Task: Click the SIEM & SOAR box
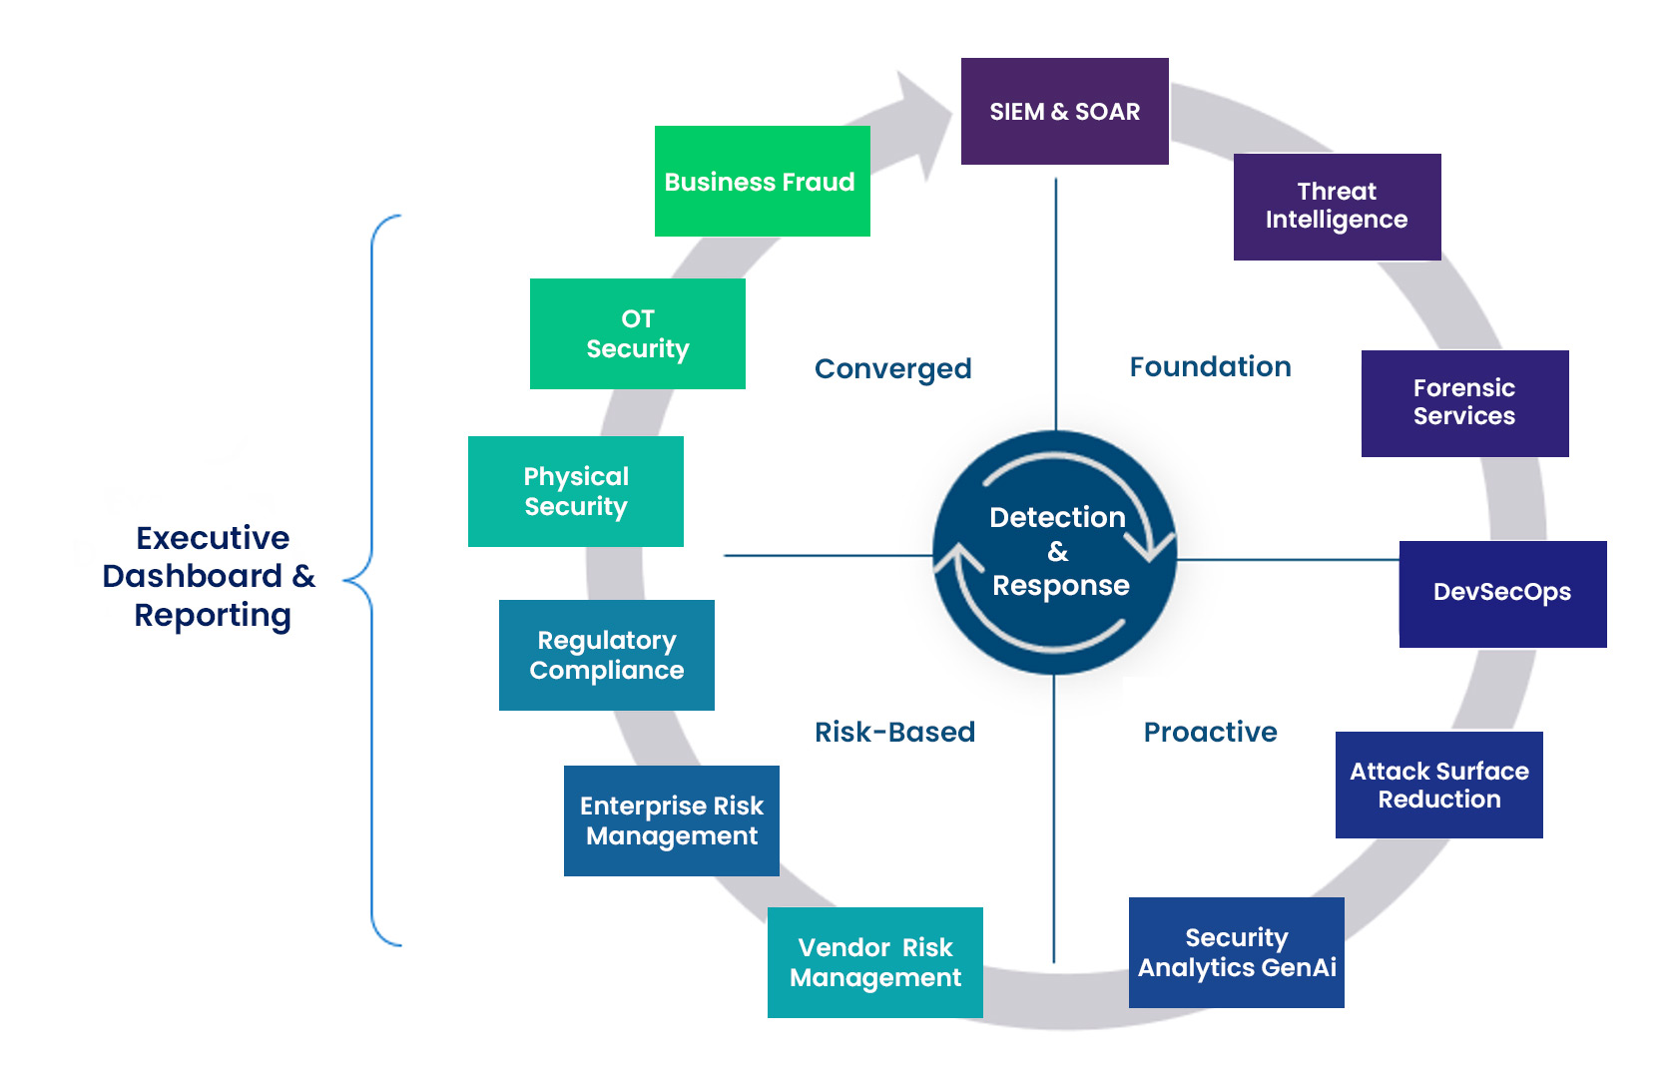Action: click(x=1064, y=112)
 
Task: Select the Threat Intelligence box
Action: click(x=1337, y=207)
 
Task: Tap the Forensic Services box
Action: click(x=1464, y=403)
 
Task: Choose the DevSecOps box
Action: click(x=1502, y=594)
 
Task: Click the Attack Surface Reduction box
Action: click(x=1438, y=786)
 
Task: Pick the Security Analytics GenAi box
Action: click(x=1236, y=953)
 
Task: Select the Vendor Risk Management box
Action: click(x=874, y=963)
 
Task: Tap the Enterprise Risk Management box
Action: click(x=671, y=821)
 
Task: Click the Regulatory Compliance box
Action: click(x=606, y=656)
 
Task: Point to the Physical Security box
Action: click(x=575, y=492)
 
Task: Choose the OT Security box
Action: click(x=637, y=334)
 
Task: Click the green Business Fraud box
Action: click(x=761, y=182)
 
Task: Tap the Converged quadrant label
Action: click(x=892, y=369)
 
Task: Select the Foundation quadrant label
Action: click(x=1210, y=367)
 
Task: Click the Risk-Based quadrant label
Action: click(x=894, y=733)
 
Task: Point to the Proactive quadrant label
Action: click(x=1210, y=733)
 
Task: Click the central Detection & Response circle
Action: click(x=1056, y=552)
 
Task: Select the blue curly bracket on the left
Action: click(x=371, y=579)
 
